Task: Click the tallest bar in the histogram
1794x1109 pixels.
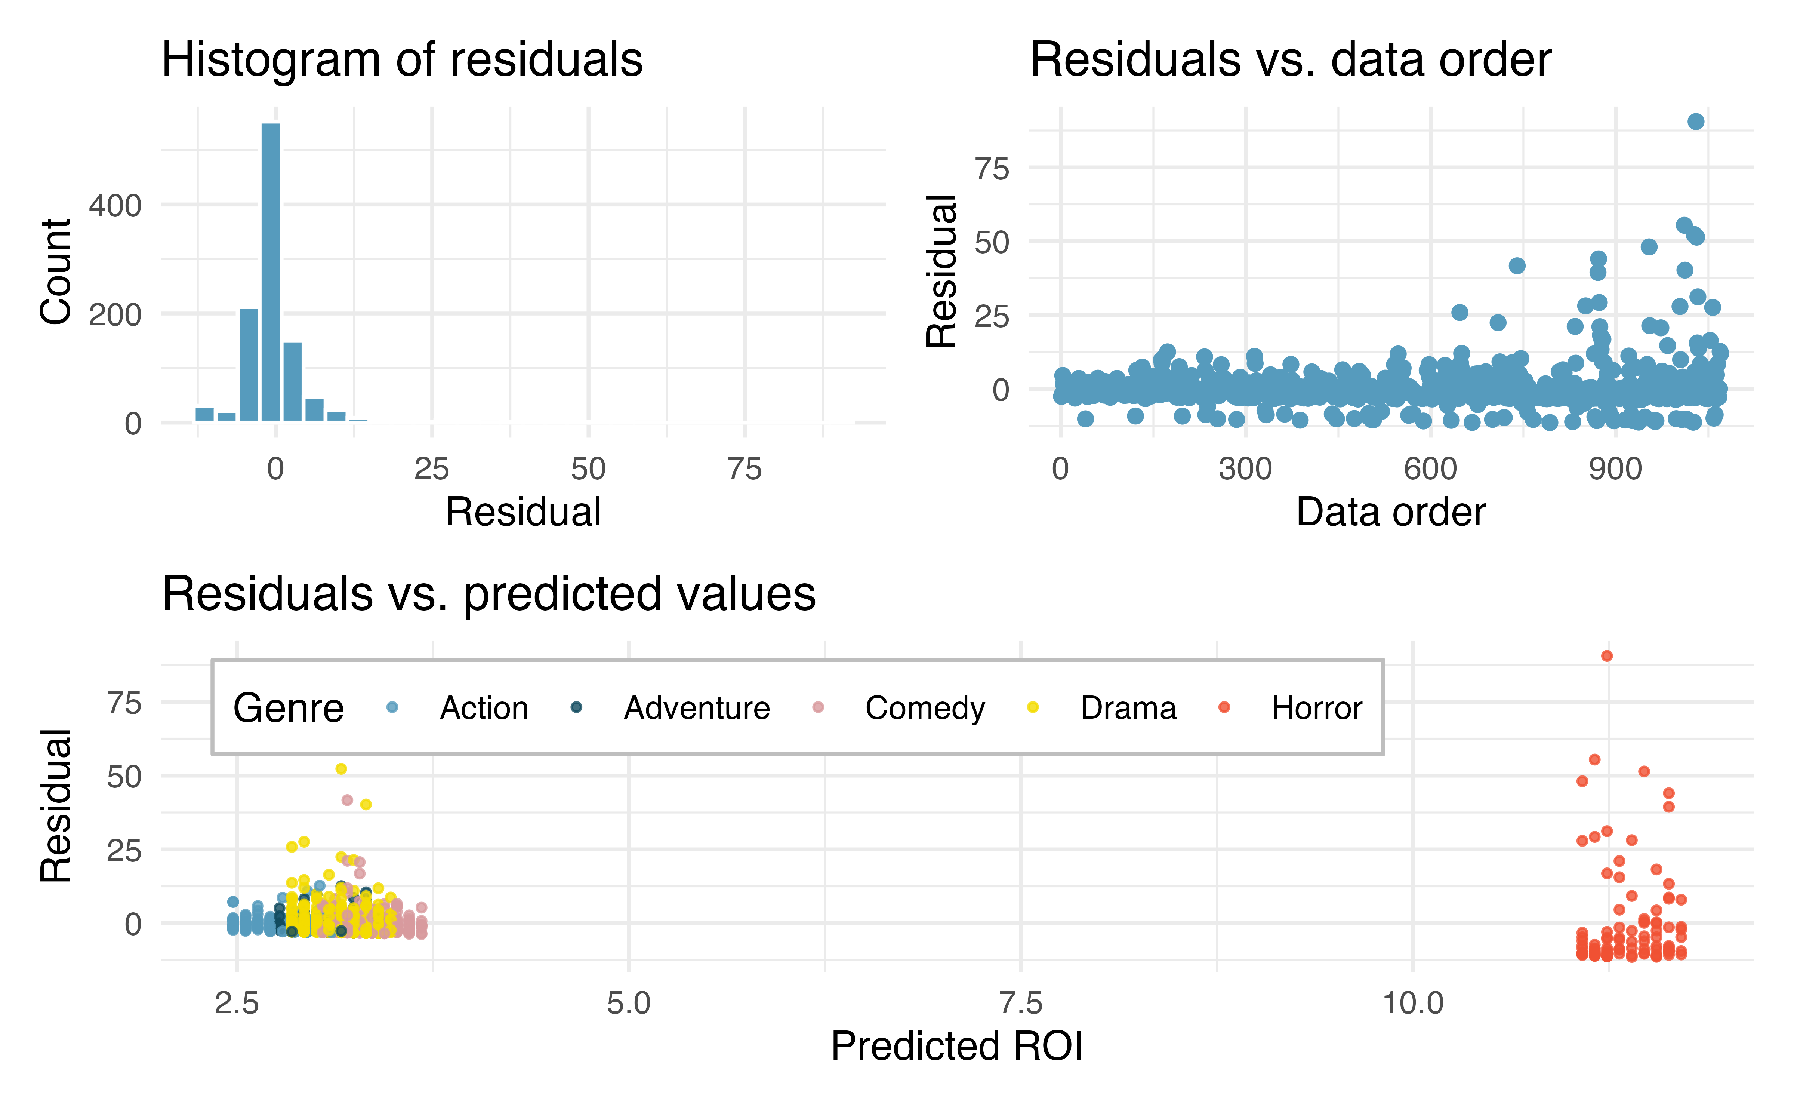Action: coord(271,272)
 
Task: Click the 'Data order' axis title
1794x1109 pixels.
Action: coord(1391,512)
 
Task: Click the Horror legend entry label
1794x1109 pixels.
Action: coord(1317,708)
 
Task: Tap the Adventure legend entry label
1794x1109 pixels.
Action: coord(697,708)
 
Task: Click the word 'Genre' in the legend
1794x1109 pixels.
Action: coord(288,708)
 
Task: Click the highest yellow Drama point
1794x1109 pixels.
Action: coord(341,769)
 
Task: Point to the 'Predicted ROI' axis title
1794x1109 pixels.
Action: coord(957,1046)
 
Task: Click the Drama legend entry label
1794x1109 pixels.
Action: coord(1128,708)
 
